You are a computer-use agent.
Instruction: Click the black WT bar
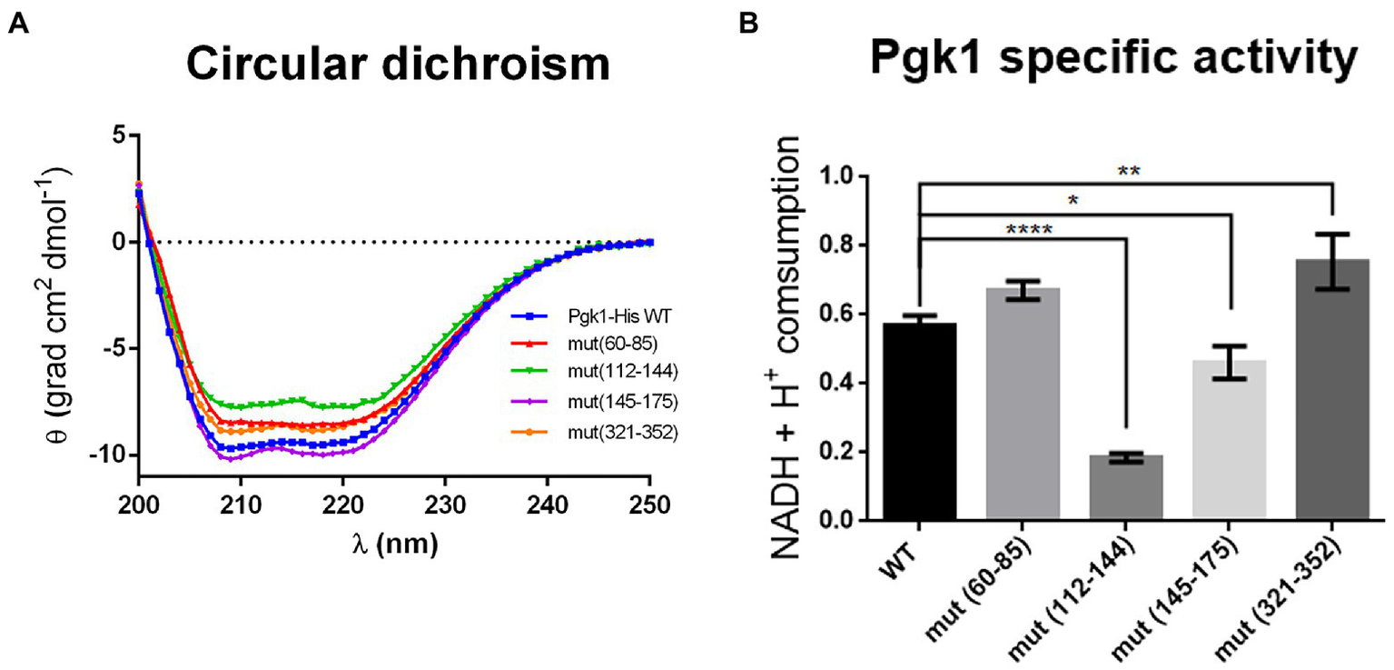[919, 423]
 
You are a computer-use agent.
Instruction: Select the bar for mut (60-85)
[1023, 405]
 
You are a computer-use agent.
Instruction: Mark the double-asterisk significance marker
[1125, 171]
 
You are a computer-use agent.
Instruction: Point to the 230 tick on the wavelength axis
[444, 501]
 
